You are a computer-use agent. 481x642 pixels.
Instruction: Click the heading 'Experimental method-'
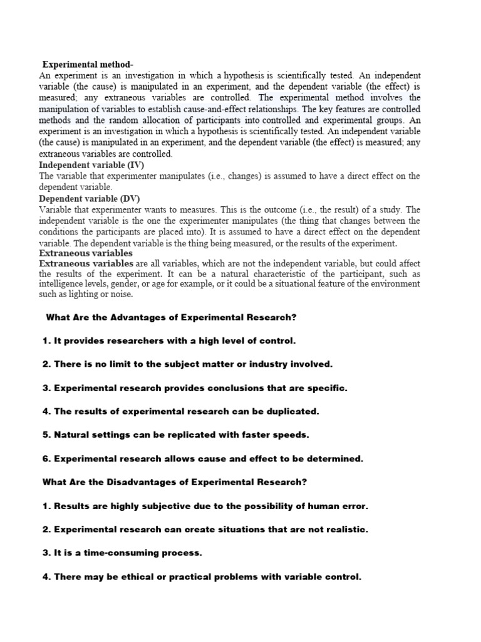point(88,65)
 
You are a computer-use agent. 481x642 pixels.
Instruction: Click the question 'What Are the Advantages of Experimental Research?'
point(171,317)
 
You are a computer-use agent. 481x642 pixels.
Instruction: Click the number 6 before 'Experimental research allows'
point(45,458)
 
